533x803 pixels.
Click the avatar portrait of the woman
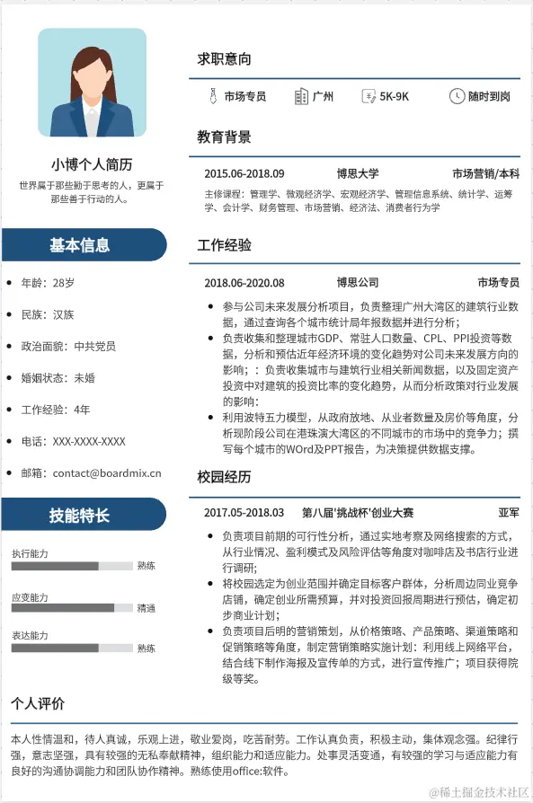coord(92,83)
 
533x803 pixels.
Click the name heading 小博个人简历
coord(92,164)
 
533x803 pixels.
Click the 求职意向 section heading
coord(224,59)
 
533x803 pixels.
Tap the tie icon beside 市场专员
coord(212,96)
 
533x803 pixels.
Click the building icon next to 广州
coord(301,96)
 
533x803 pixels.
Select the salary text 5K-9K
coord(394,96)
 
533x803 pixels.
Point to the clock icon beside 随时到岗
coord(457,96)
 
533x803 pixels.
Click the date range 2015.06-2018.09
coord(244,173)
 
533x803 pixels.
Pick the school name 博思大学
coord(358,173)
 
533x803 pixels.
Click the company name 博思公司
coord(358,282)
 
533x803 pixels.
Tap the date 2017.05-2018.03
coord(244,513)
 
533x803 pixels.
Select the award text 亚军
coord(508,513)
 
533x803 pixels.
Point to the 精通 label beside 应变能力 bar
coord(146,608)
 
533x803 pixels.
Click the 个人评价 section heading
coord(38,703)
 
